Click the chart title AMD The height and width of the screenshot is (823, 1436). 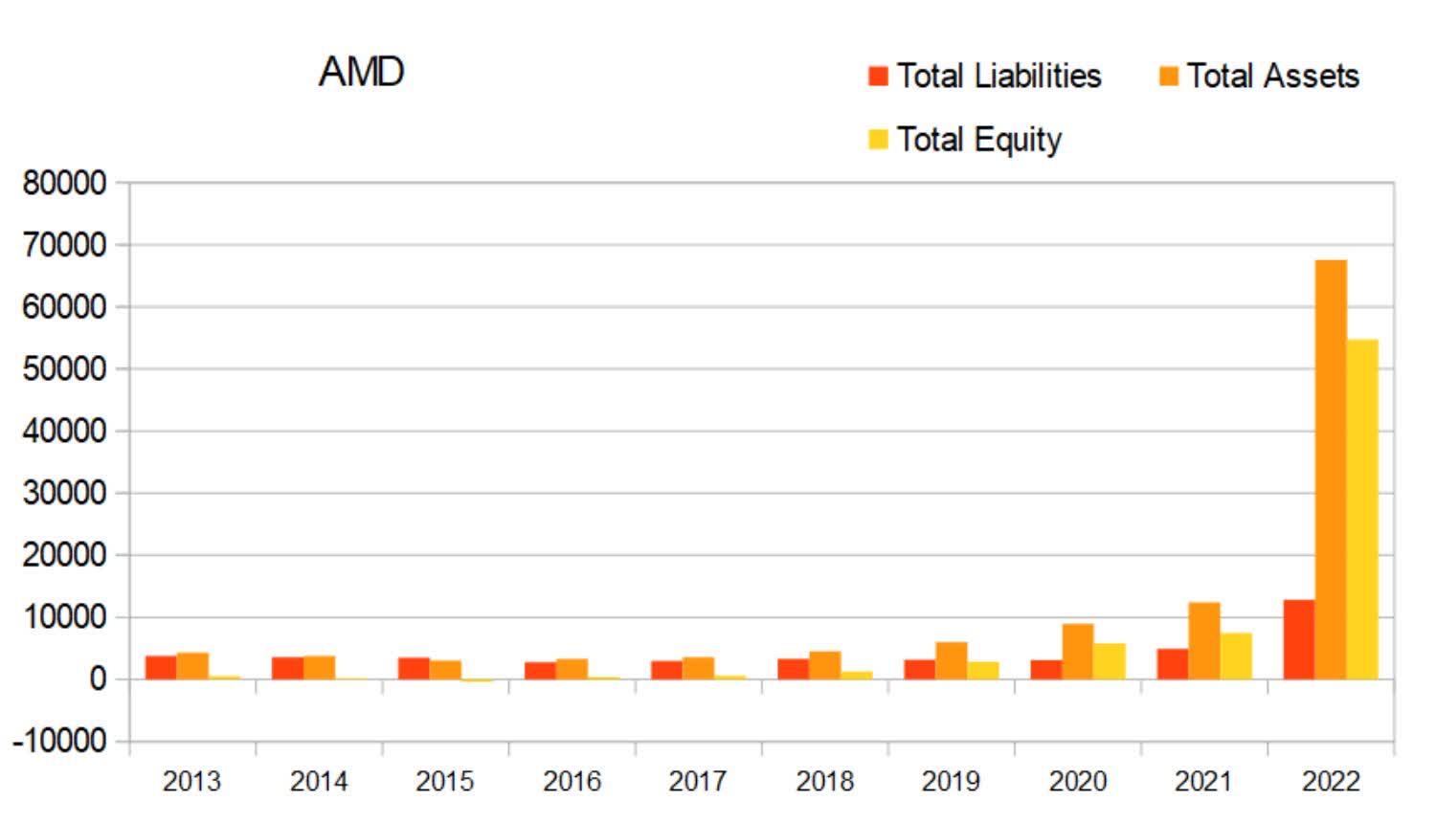[x=361, y=72]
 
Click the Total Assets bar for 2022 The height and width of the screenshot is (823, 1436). [x=1330, y=469]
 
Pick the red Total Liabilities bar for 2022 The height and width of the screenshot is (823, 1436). [x=1298, y=639]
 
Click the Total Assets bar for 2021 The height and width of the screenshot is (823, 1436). [x=1203, y=640]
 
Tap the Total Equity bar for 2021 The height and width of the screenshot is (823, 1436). [x=1235, y=656]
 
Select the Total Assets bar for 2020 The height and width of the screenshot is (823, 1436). [x=1077, y=652]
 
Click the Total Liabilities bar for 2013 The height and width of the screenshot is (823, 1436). [x=161, y=667]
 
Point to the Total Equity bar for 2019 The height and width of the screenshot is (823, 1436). [x=982, y=670]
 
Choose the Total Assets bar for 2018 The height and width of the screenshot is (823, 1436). [x=824, y=665]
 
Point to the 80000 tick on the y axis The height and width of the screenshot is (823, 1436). [x=64, y=183]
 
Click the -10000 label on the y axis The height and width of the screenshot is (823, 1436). [x=58, y=741]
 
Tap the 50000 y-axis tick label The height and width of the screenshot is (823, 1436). [x=64, y=368]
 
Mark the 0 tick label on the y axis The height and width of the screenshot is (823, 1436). [x=97, y=678]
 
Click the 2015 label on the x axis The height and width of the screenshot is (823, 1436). [x=445, y=781]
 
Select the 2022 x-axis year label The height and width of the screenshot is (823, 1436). [x=1330, y=781]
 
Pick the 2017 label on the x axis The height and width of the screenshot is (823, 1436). [x=698, y=781]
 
